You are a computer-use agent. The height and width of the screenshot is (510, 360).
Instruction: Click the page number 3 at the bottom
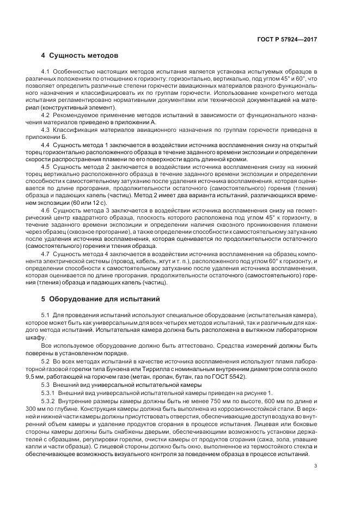tap(315, 465)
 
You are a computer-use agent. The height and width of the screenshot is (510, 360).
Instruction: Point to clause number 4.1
tap(45, 72)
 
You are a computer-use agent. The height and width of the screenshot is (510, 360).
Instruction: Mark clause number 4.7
tap(45, 253)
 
